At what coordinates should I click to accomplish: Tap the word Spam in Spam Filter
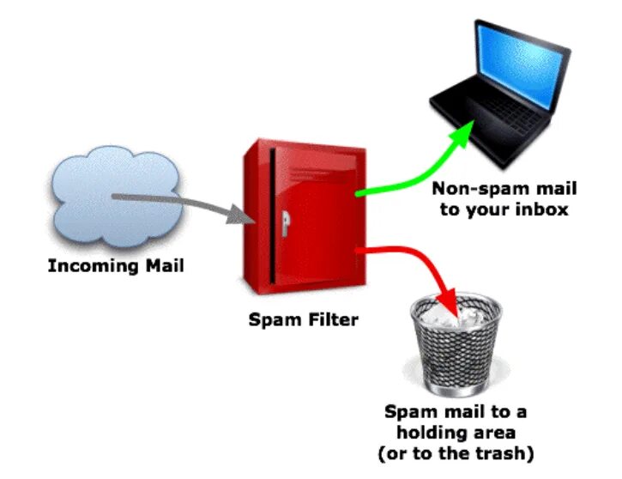pos(275,321)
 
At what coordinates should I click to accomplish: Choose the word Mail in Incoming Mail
pos(163,265)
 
